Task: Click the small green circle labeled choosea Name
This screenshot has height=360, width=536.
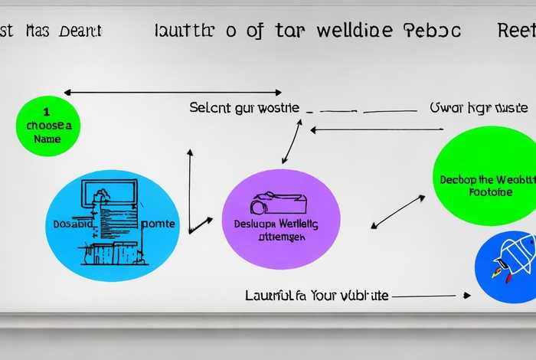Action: [47, 126]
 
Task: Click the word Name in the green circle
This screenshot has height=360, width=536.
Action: [47, 139]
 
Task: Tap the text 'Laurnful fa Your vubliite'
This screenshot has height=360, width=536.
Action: [316, 295]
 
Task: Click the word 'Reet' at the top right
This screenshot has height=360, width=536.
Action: [516, 31]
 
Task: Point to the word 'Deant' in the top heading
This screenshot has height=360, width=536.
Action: [78, 31]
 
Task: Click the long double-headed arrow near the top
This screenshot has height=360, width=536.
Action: [172, 93]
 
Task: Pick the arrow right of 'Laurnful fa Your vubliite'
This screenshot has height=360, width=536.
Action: [433, 295]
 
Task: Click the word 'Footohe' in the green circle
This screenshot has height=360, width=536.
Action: [491, 192]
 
